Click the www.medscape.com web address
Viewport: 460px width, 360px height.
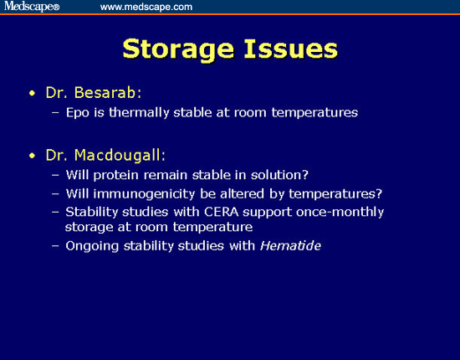[146, 7]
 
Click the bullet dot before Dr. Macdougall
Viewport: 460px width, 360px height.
[32, 157]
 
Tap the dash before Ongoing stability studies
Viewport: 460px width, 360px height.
[55, 246]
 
